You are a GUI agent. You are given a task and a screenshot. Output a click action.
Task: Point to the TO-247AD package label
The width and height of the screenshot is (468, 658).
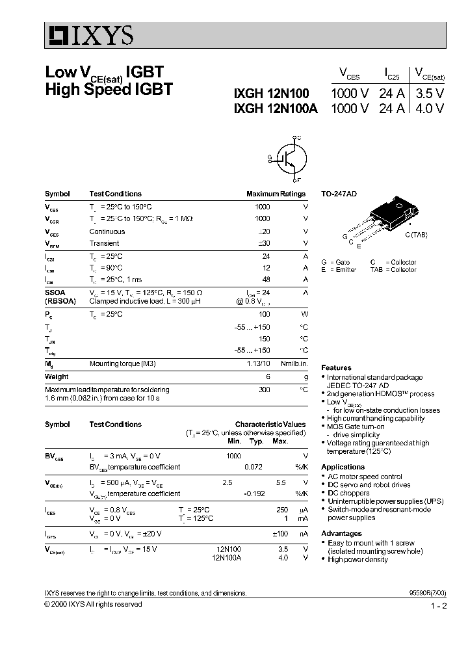click(339, 194)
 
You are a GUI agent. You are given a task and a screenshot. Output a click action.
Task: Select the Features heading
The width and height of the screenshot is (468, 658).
click(336, 367)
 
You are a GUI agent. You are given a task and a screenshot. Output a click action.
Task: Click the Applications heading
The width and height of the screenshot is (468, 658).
click(343, 467)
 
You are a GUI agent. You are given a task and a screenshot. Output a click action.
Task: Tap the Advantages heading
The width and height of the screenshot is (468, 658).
click(341, 533)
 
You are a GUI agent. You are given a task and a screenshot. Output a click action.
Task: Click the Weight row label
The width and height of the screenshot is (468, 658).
click(57, 376)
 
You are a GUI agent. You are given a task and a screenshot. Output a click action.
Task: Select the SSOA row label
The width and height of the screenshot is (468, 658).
click(55, 293)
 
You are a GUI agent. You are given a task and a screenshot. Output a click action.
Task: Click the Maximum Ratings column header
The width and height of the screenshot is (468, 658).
click(276, 194)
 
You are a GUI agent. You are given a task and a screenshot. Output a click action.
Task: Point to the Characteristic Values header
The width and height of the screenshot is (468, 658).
click(270, 424)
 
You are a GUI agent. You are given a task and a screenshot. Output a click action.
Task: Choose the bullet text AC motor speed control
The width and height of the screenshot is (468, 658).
click(365, 477)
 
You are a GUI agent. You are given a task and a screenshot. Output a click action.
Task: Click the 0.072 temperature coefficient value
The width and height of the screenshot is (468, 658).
click(253, 467)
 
